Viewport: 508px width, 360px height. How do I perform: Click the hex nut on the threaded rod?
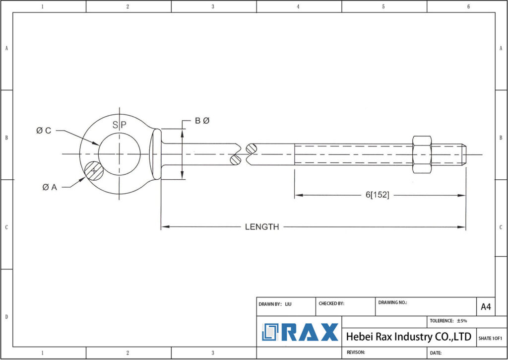(422, 154)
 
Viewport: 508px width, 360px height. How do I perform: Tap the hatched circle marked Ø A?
(93, 171)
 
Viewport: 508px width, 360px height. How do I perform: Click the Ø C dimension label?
(44, 131)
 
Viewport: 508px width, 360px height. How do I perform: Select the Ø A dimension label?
(50, 187)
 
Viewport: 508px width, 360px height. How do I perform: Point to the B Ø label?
(202, 121)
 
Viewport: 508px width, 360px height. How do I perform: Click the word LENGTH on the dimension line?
(262, 227)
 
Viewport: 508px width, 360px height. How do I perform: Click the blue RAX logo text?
(311, 332)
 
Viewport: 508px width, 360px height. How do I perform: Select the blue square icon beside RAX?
(271, 332)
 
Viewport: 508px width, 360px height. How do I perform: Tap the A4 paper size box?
(486, 307)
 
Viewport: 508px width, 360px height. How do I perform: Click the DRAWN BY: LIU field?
(275, 303)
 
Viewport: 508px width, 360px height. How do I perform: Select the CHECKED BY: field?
(331, 303)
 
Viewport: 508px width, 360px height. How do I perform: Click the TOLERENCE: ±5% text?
(448, 321)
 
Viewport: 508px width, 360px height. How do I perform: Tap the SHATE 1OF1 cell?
(491, 338)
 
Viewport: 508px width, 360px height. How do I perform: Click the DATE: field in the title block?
(436, 353)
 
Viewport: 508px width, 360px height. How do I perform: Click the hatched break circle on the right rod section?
(252, 148)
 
